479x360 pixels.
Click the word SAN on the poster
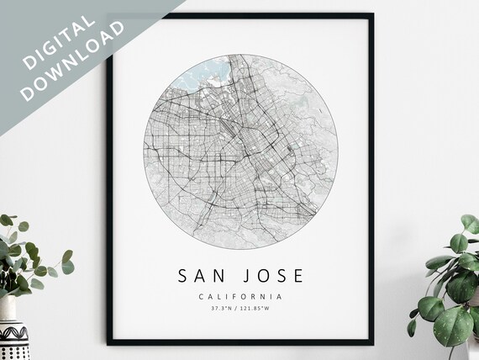coord(200,275)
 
